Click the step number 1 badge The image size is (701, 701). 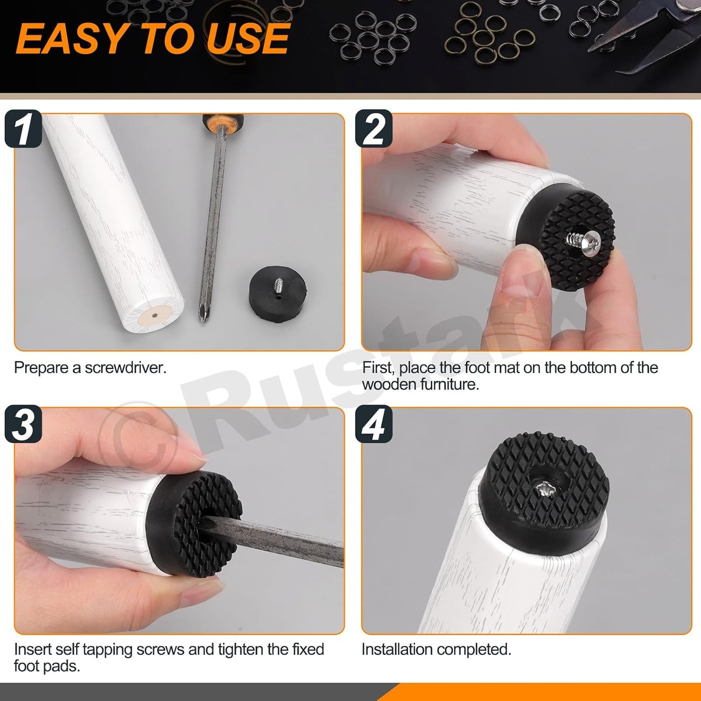coord(23,129)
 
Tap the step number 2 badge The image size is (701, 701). coord(374,129)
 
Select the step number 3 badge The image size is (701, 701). coord(23,424)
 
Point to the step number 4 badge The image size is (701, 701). coord(374,424)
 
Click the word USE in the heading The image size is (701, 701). coord(248,38)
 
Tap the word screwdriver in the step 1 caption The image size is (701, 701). coord(126,368)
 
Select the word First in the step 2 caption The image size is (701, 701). coord(378,368)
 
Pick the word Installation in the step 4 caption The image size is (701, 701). coord(396,650)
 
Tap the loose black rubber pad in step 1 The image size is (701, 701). coord(278,294)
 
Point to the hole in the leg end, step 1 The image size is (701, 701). coord(155,315)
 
